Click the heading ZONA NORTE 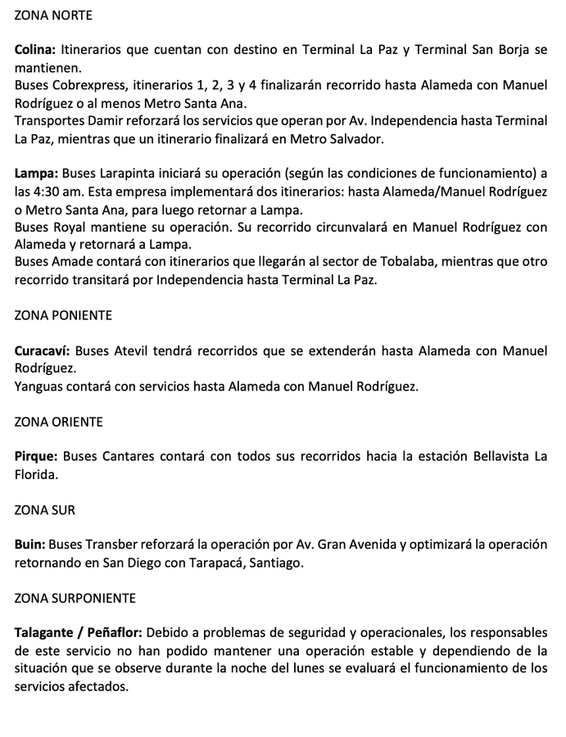53,16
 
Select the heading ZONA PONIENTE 63,314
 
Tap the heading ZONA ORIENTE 59,423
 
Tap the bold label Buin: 29,544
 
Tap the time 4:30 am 60,192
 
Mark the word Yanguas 42,386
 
